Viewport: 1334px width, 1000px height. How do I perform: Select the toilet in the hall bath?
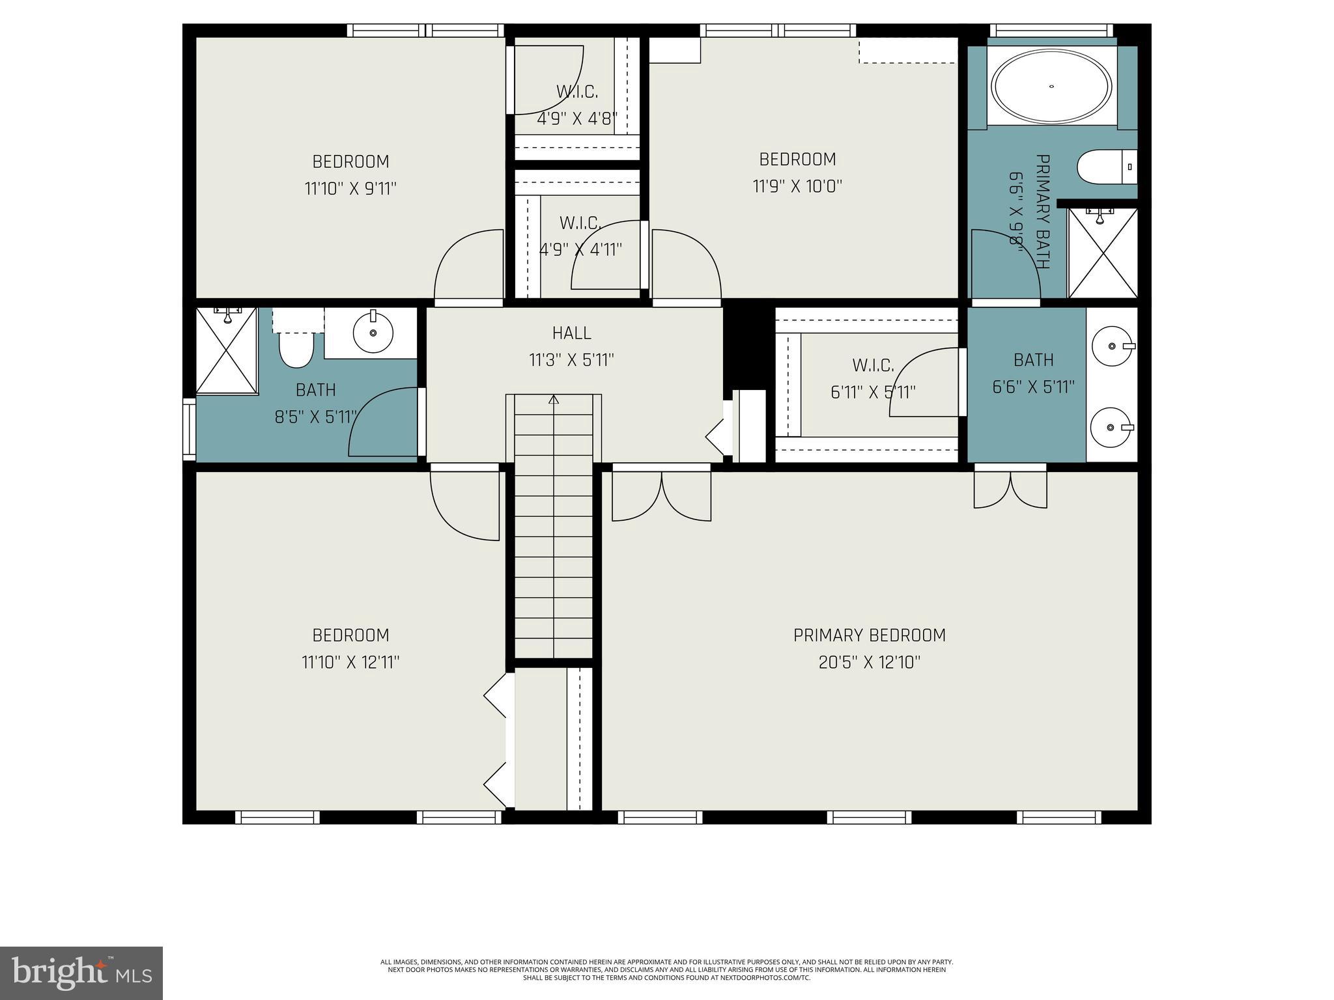296,348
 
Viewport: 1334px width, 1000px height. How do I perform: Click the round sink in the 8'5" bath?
373,333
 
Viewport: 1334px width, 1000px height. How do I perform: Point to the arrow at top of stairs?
554,399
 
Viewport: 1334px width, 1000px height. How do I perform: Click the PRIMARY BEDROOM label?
869,635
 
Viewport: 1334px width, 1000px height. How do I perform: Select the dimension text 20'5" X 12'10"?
869,662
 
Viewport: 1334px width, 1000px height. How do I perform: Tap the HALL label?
571,333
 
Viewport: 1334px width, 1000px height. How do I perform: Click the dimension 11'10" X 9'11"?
350,189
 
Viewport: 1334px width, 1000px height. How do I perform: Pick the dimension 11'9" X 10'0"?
797,186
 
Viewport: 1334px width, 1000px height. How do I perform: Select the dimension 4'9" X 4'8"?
577,119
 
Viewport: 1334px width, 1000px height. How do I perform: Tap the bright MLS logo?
81,973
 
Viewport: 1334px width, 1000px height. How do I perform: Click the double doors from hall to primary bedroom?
661,495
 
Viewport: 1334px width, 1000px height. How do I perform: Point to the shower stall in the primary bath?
1102,253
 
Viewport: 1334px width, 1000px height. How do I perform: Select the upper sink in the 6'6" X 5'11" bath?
1112,346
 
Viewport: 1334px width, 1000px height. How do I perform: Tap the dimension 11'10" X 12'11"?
350,662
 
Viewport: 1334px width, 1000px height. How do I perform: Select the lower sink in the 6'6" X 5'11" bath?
1111,428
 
